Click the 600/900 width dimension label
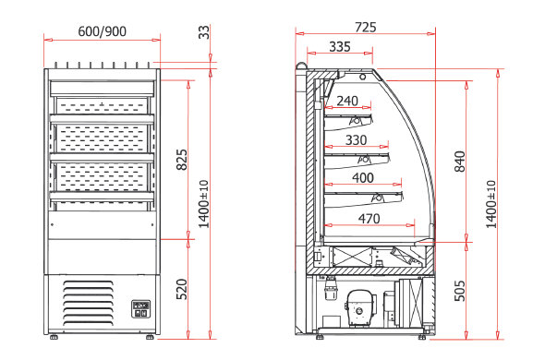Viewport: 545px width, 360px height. point(103,31)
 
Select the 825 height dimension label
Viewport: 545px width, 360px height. point(182,160)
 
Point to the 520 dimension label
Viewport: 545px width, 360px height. point(182,289)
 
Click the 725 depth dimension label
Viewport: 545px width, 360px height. point(366,27)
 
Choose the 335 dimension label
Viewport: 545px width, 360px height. point(340,46)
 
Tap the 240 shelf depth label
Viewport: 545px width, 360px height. point(347,101)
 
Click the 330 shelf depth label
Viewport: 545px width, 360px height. point(356,140)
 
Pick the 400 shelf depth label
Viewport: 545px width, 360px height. point(363,178)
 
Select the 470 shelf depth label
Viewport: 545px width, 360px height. point(369,219)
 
